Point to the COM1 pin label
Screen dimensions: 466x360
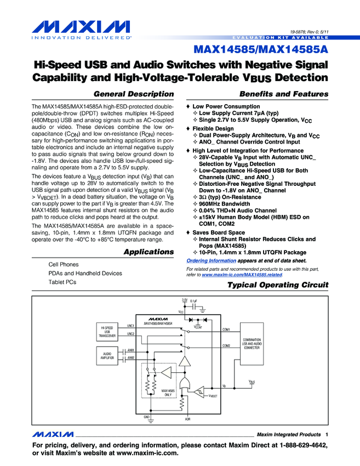(226, 330)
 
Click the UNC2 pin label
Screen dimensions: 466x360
(130, 333)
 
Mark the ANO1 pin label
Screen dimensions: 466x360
(130, 350)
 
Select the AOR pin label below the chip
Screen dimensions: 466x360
(187, 418)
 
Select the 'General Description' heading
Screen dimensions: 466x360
(134, 94)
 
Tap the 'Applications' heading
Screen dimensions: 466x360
(148, 252)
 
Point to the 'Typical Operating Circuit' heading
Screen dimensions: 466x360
(277, 285)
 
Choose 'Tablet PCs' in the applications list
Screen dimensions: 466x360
(62, 282)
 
